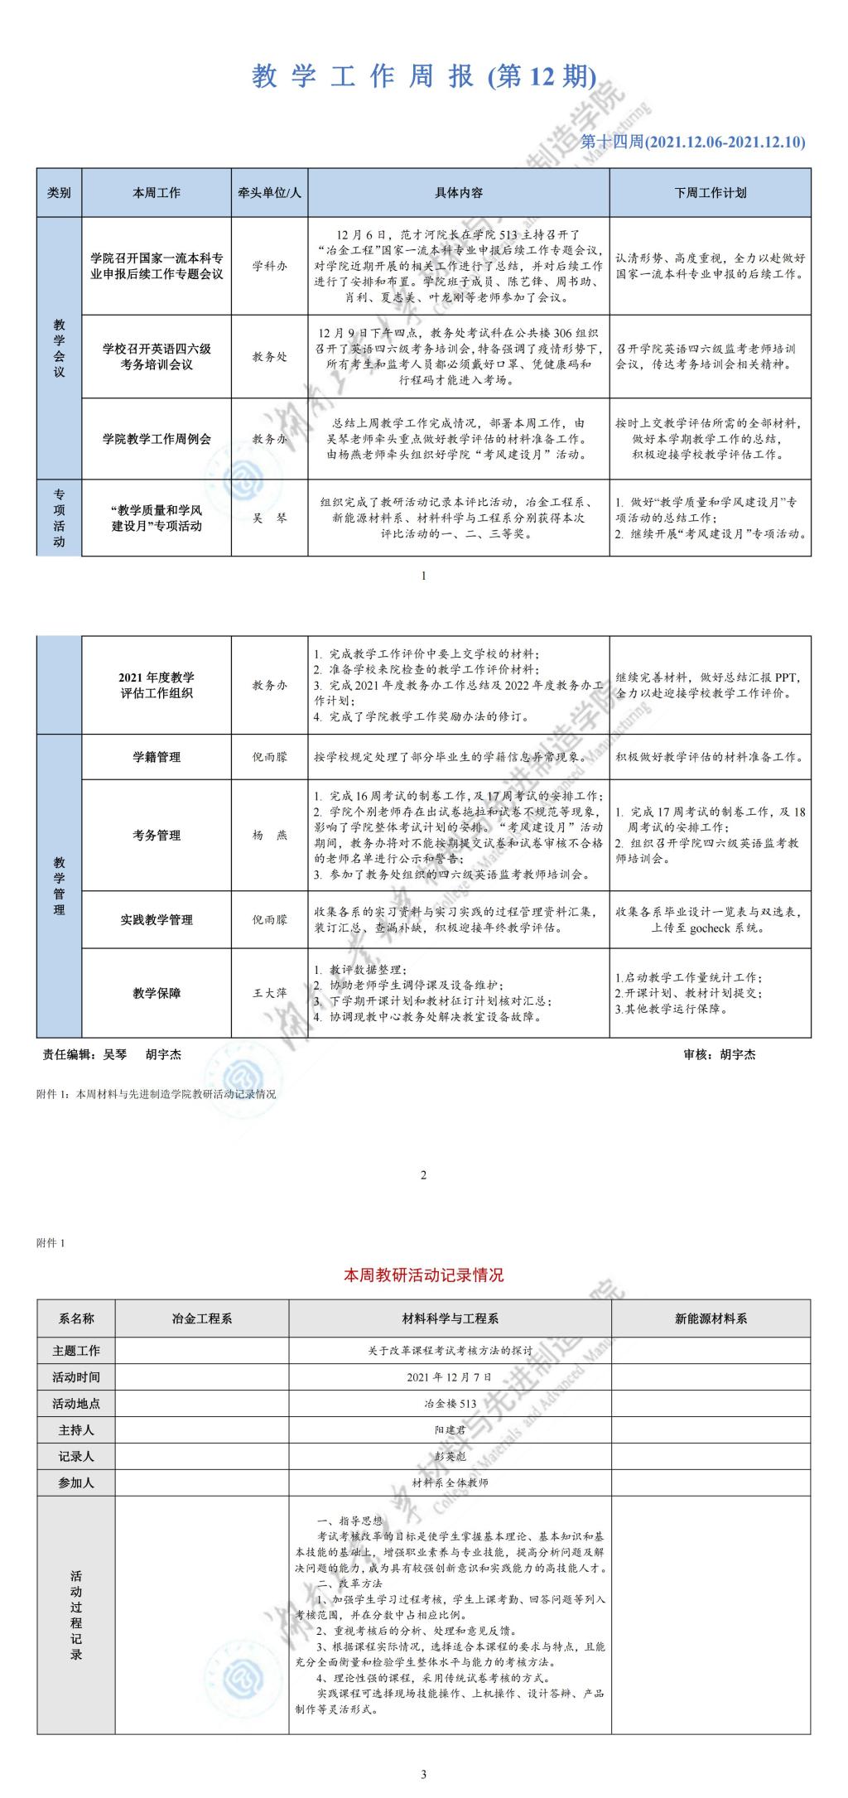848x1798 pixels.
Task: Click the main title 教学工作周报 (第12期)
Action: coord(423,77)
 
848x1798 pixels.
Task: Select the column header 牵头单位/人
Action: coord(270,193)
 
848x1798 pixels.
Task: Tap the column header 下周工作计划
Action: coord(710,193)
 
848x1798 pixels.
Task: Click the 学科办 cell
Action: coord(270,267)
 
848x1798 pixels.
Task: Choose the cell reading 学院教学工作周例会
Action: coord(157,439)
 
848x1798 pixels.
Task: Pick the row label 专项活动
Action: coord(59,518)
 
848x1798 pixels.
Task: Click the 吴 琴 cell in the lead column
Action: coord(270,518)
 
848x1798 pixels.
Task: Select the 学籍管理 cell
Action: coord(157,757)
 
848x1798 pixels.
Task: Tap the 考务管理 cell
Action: coord(157,835)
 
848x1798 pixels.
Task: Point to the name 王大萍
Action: coord(270,993)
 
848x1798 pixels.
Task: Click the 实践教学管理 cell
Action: coord(157,919)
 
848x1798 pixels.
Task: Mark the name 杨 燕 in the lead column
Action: coord(270,835)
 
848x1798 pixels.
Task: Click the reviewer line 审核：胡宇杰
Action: coord(719,1054)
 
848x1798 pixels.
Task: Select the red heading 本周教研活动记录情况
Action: coord(423,1275)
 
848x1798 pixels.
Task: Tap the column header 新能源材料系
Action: coord(711,1318)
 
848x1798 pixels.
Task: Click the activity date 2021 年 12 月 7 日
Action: coord(450,1377)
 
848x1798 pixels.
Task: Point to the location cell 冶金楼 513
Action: coord(450,1404)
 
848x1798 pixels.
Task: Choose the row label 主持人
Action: coord(76,1430)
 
